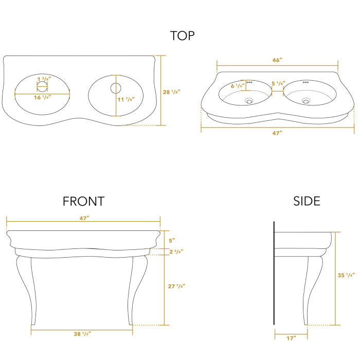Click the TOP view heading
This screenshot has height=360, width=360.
(x=183, y=35)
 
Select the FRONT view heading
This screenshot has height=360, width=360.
(x=83, y=201)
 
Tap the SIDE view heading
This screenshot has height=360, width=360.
(x=307, y=201)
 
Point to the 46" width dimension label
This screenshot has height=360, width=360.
(x=277, y=60)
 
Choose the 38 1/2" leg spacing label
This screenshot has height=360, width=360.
(x=83, y=333)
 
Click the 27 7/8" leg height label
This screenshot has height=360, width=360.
(x=176, y=286)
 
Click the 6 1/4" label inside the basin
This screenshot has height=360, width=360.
(x=237, y=86)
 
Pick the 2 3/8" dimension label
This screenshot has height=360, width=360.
(x=176, y=251)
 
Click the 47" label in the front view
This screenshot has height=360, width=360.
(x=84, y=218)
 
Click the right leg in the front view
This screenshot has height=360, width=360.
(x=139, y=288)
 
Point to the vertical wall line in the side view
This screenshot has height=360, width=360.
(x=274, y=273)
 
